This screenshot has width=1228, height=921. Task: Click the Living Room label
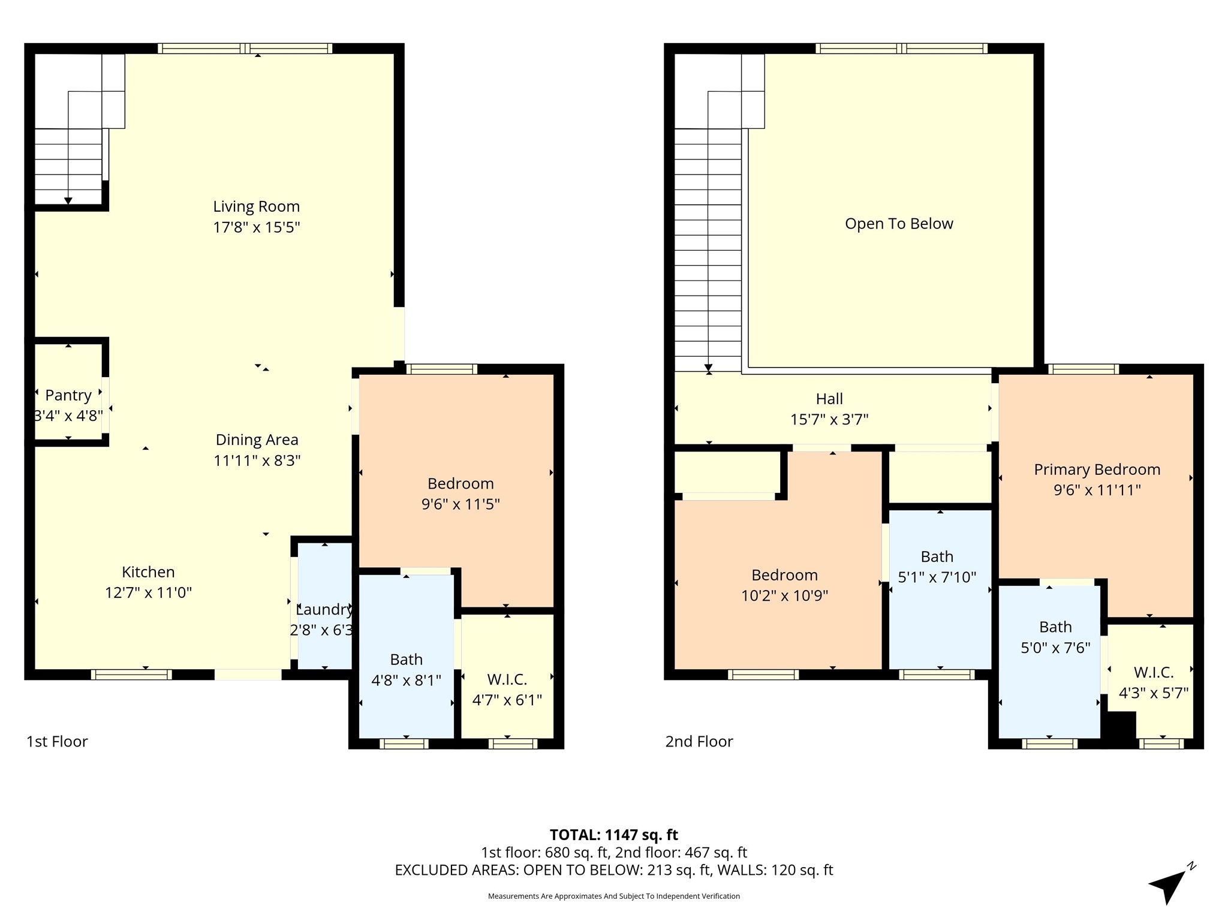tap(257, 206)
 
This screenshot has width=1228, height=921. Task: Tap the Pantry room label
tap(68, 395)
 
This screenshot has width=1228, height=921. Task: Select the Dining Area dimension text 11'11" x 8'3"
tap(257, 460)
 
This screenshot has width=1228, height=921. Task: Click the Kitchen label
tap(148, 572)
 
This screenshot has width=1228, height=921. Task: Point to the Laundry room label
tap(324, 610)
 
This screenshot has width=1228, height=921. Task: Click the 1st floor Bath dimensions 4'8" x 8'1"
tap(407, 680)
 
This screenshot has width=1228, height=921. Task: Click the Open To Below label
tap(899, 224)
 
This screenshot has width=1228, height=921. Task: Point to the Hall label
tap(829, 399)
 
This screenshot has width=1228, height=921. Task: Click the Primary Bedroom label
tap(1097, 469)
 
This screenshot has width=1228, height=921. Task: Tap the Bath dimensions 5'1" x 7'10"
tap(937, 577)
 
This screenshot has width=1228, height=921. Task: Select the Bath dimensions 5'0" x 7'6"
tap(1055, 648)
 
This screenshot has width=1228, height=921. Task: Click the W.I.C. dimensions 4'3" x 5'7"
tap(1154, 693)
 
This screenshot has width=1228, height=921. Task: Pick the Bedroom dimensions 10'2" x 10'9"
tap(785, 595)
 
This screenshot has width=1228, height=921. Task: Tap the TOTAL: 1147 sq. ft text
tap(614, 835)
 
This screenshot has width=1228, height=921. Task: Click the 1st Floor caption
tap(57, 742)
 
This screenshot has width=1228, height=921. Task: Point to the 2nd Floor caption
tap(699, 742)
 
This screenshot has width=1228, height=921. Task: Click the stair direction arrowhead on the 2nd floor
tap(708, 368)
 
